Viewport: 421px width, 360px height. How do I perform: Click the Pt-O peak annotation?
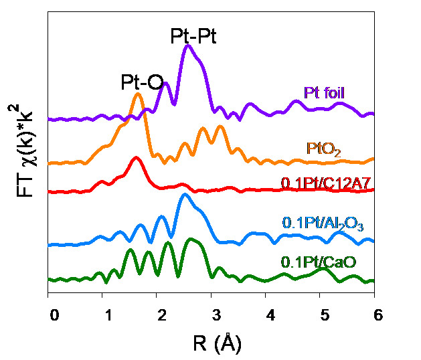(142, 82)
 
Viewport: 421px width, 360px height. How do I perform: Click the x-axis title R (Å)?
(212, 344)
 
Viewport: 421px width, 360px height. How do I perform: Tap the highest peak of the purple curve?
(188, 46)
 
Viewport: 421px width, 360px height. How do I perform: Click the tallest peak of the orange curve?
(138, 94)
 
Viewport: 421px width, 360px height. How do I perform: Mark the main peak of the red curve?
(137, 158)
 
